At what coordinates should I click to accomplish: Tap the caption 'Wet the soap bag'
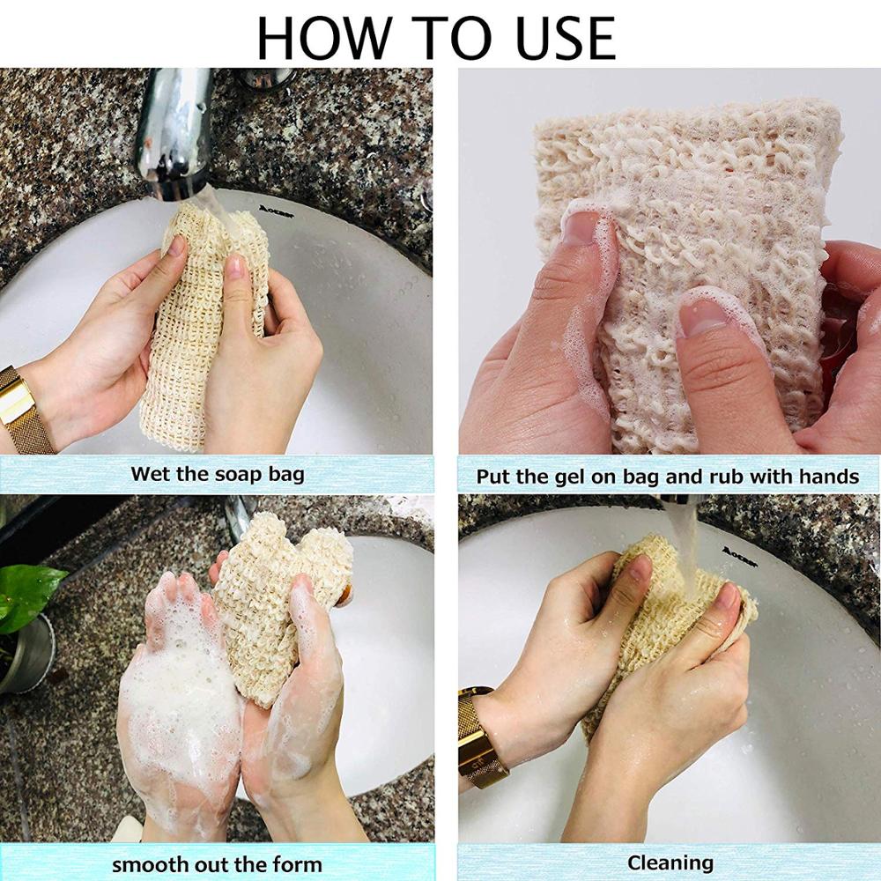[217, 474]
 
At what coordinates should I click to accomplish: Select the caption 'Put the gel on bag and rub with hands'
[667, 477]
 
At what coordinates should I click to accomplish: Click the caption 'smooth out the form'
[217, 864]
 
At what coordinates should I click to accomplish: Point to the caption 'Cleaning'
[670, 862]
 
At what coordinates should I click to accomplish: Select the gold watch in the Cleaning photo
[480, 736]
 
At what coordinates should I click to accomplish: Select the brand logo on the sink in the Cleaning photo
[739, 552]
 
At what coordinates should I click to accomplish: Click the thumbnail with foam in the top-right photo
[582, 228]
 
